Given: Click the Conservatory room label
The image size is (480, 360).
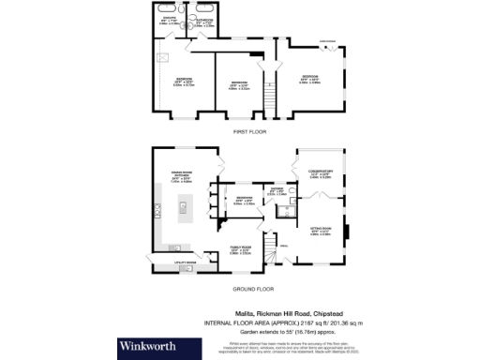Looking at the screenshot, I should point(322,172).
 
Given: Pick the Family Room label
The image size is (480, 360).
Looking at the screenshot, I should point(239,249).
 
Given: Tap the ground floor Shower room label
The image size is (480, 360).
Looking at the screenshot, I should point(277,191).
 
